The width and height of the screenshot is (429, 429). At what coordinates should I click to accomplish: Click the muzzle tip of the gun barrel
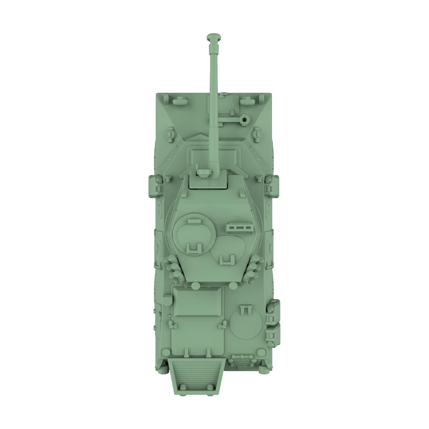(x=213, y=38)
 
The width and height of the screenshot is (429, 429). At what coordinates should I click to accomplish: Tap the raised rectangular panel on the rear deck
(x=199, y=302)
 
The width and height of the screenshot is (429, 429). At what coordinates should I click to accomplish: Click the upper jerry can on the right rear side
(x=273, y=310)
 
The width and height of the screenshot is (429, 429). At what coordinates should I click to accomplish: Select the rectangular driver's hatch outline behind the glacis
(x=213, y=154)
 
